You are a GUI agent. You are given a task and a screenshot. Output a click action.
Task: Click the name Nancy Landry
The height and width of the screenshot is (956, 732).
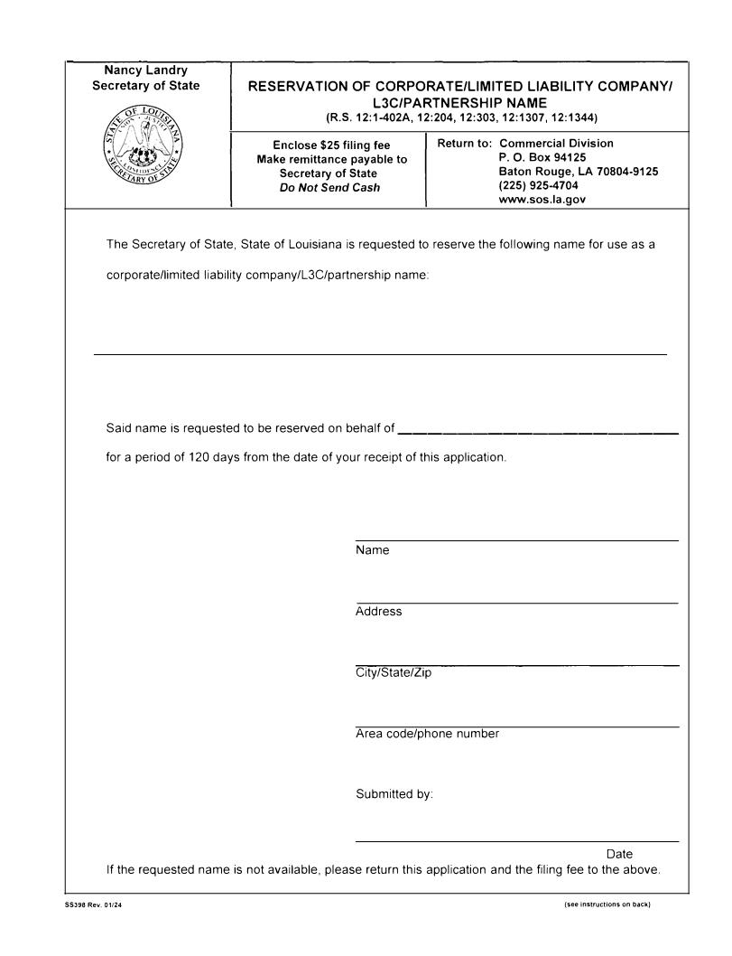(146, 70)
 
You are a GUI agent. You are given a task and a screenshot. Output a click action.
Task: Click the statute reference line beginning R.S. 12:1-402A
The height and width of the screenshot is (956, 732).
(461, 117)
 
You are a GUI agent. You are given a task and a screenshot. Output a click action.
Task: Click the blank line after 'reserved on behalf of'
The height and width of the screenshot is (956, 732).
(538, 433)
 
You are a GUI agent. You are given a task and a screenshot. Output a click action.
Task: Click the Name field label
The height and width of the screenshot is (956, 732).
(373, 550)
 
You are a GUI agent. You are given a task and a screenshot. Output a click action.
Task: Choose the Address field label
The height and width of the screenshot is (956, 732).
(379, 612)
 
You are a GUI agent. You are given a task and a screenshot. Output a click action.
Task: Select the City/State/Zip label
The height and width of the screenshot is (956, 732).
(394, 673)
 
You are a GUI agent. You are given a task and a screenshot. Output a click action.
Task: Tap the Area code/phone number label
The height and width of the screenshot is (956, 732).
(427, 734)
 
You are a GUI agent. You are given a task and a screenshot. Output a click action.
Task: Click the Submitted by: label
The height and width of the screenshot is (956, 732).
(394, 795)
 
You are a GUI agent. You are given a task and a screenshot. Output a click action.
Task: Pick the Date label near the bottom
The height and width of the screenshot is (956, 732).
(619, 854)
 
